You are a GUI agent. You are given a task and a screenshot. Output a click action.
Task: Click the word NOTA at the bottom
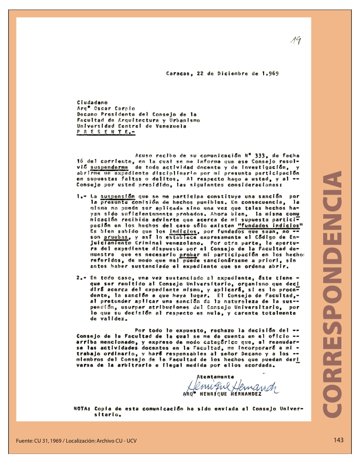point(82,408)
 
